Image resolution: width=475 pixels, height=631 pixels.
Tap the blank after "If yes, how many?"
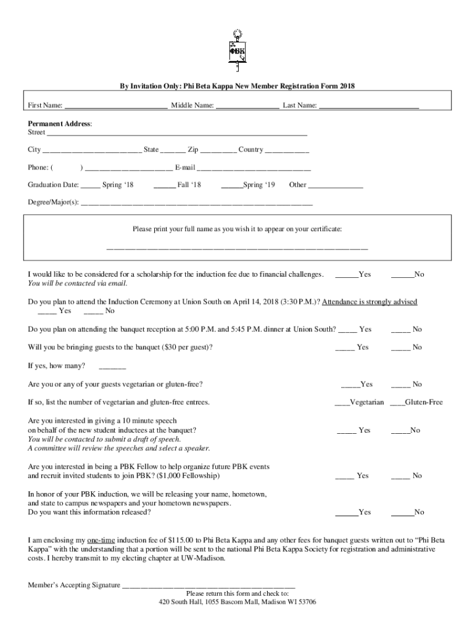coord(112,367)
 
